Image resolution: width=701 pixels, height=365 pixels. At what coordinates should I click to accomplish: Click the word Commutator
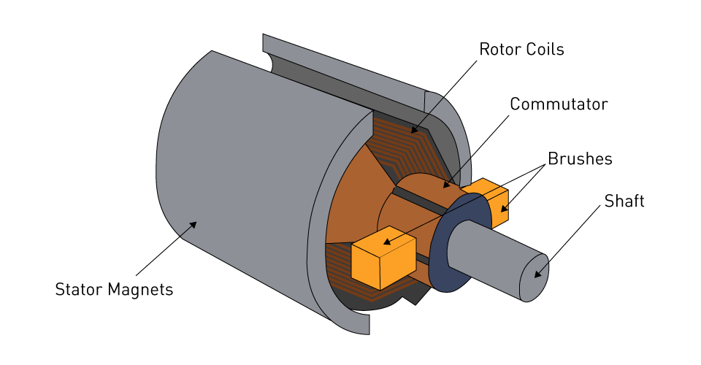coord(558,104)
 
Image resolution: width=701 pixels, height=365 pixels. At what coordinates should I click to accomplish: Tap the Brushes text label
coord(580,158)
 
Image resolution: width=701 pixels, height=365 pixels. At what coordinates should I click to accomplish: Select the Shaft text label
coord(624,201)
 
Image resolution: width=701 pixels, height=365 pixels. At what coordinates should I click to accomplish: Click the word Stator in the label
coord(79,290)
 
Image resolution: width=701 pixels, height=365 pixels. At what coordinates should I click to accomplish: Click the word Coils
coord(543,50)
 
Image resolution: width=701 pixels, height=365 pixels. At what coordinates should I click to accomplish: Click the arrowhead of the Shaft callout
coord(536,275)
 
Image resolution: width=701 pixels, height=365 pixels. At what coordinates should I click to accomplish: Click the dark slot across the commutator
coord(420,201)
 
